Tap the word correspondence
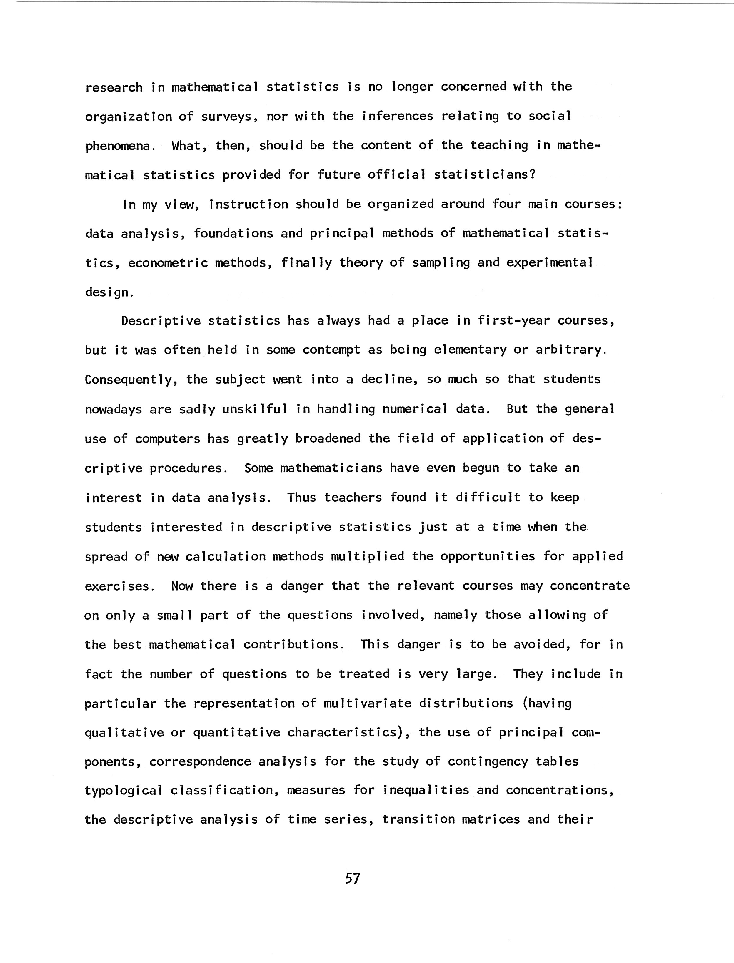200,762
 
